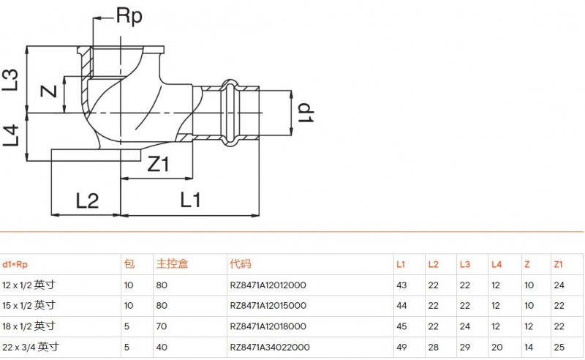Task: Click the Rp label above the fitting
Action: (x=129, y=16)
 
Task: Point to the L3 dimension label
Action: (x=10, y=80)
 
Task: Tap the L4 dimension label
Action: (x=10, y=135)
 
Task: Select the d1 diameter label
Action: (x=306, y=113)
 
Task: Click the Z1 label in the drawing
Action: (x=158, y=164)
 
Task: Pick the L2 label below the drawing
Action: (x=87, y=201)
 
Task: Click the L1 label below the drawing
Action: (x=190, y=200)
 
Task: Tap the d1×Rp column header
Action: (x=15, y=265)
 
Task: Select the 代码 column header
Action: (x=241, y=264)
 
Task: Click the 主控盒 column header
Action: (x=172, y=264)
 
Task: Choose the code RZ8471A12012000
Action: (x=268, y=285)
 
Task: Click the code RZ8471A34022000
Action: (x=270, y=348)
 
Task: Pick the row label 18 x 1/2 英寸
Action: (x=29, y=326)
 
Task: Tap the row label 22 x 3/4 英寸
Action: (x=31, y=347)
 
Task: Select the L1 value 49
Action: (x=401, y=348)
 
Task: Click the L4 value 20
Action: (x=497, y=348)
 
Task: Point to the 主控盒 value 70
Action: (x=162, y=326)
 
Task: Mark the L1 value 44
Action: (x=401, y=305)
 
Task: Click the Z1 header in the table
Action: (x=558, y=264)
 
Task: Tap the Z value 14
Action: (x=529, y=348)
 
